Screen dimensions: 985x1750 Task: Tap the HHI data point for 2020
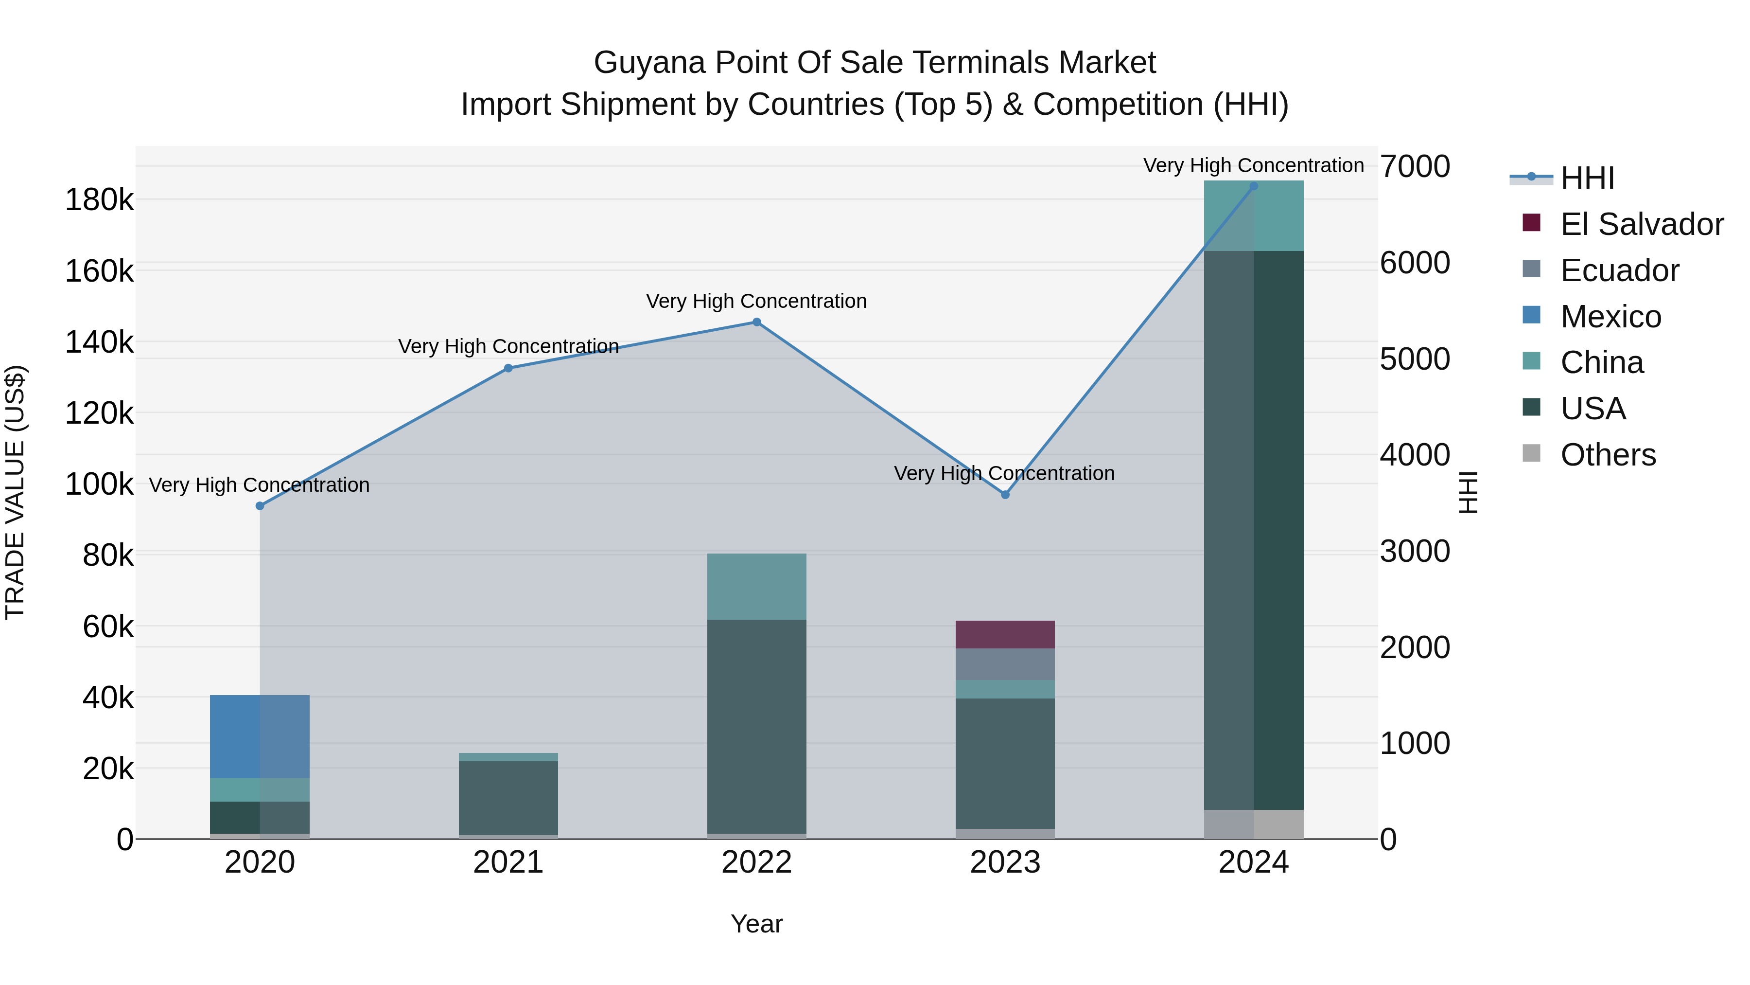point(260,506)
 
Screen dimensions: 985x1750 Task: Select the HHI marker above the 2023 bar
point(1005,495)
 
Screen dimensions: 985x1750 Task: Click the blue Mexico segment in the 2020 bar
point(260,736)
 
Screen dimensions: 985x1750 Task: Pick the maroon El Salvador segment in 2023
point(1005,634)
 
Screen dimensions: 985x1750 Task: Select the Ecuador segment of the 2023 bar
point(1005,664)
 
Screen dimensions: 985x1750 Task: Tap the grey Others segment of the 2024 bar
point(1253,824)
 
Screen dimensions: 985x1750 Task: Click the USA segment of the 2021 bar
point(508,797)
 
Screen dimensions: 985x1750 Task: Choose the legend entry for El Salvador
point(1641,224)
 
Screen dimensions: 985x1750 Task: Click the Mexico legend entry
point(1610,317)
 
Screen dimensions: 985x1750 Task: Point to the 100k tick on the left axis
point(99,484)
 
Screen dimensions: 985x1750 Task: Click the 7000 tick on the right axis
point(1415,166)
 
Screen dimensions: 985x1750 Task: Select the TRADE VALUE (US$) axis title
point(15,492)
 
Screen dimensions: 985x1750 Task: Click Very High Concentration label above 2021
point(508,347)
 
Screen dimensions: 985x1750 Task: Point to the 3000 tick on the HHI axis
point(1415,551)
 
